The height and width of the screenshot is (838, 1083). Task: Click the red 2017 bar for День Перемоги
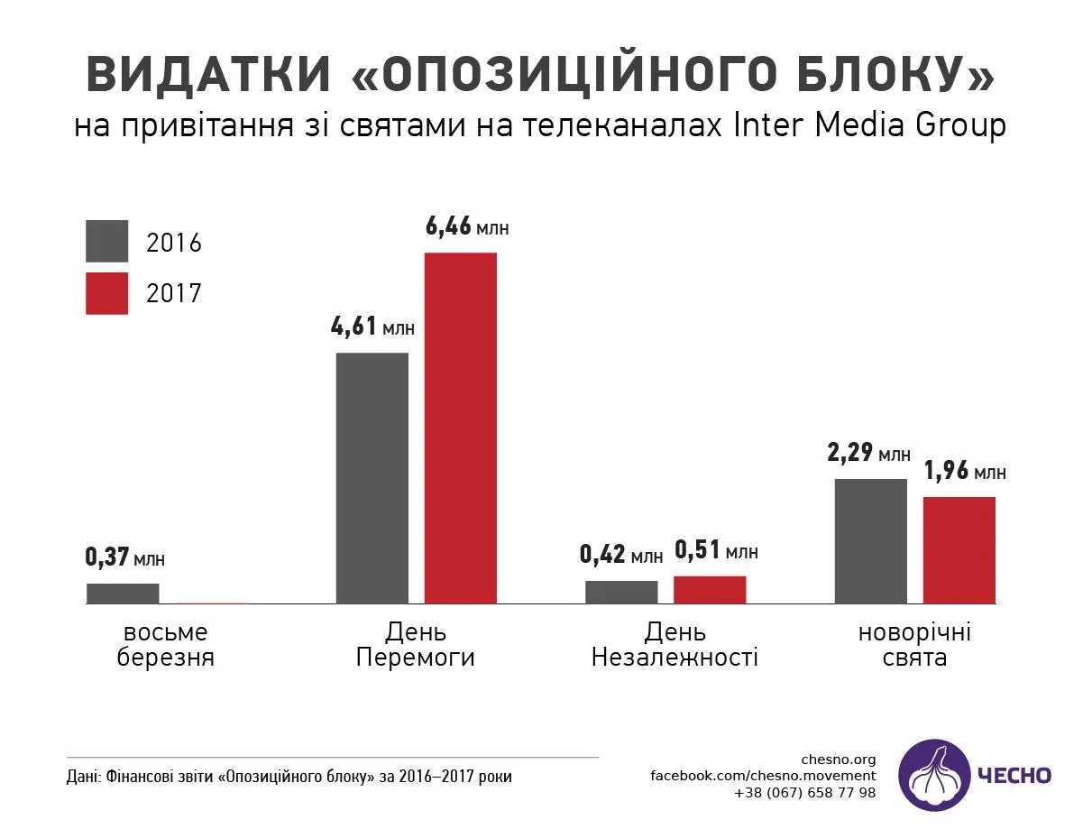(x=460, y=428)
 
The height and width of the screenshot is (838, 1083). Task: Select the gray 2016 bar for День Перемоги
(x=372, y=477)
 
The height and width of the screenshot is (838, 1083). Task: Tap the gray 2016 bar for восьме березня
(x=123, y=593)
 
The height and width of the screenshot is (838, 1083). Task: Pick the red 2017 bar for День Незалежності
(x=710, y=589)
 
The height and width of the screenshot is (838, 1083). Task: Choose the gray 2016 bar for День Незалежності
(x=621, y=592)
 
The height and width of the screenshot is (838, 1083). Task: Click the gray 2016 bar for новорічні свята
(x=870, y=540)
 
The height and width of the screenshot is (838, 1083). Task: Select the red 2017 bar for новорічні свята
(x=959, y=549)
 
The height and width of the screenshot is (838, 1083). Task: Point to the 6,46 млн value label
(x=466, y=226)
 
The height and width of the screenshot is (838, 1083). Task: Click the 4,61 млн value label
(x=372, y=327)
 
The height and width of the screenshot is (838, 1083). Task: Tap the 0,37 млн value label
(x=124, y=557)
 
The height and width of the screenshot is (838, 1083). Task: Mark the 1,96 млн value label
(x=964, y=471)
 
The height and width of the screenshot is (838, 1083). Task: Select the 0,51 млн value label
(x=715, y=550)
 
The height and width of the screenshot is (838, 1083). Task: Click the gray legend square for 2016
(x=106, y=242)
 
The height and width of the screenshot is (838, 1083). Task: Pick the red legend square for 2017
(x=106, y=293)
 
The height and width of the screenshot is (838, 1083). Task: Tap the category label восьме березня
(x=165, y=644)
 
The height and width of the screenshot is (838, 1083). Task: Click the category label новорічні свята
(x=914, y=644)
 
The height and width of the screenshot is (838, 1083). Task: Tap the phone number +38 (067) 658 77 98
(x=804, y=793)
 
